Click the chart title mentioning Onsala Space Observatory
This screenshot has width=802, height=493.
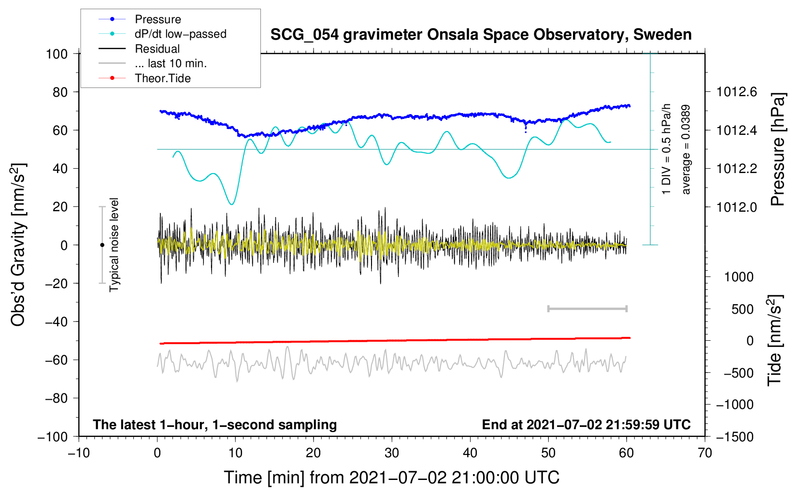[481, 35]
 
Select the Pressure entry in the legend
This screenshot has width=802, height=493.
[158, 19]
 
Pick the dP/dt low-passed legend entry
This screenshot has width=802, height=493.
[180, 34]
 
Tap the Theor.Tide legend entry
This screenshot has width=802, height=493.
[162, 78]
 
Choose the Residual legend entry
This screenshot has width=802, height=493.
[157, 49]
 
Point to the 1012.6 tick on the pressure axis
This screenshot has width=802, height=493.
[736, 92]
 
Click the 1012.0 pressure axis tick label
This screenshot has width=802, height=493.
[736, 207]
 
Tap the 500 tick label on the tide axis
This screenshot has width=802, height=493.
[743, 309]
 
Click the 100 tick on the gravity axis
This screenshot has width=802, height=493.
[57, 54]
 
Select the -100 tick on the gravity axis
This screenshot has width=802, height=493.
[53, 436]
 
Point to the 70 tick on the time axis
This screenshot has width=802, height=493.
[705, 453]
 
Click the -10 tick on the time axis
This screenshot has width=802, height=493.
[79, 453]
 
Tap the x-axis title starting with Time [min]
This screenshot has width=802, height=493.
[391, 478]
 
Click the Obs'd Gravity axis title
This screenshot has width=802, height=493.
[18, 245]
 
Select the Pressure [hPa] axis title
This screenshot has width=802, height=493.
[777, 149]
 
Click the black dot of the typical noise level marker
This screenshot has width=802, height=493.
[102, 245]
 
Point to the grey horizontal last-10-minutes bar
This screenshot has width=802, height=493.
[587, 308]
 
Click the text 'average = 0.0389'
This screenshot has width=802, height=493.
[686, 149]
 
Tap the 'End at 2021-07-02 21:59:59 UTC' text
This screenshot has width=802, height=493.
[586, 424]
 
